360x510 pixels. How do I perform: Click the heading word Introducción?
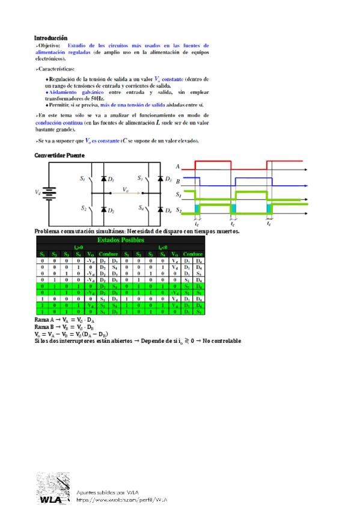(x=50, y=38)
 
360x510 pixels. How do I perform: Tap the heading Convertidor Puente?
(x=59, y=155)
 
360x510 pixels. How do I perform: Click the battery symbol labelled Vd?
(x=49, y=193)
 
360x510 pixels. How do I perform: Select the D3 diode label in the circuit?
(x=169, y=179)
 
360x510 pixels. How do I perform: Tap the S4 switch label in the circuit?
(x=141, y=208)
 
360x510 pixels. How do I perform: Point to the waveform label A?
(x=178, y=165)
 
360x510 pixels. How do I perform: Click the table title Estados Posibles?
(x=121, y=240)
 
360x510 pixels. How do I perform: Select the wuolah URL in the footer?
(x=121, y=500)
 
